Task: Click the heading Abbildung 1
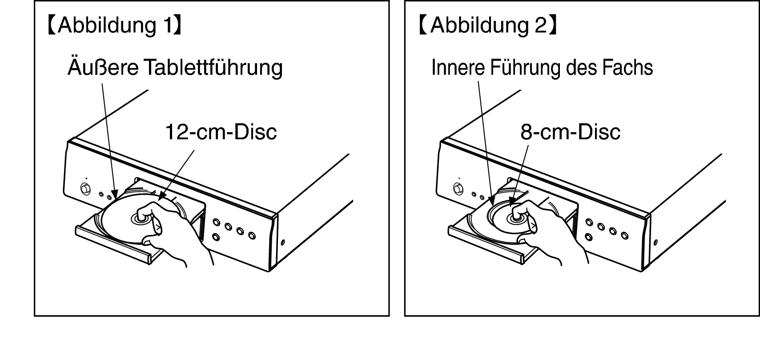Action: (115, 25)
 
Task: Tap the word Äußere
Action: (103, 67)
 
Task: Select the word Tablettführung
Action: (213, 68)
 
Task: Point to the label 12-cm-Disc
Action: (221, 132)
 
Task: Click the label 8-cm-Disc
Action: (571, 132)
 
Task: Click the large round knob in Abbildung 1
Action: (85, 189)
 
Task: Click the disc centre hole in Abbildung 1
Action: (140, 218)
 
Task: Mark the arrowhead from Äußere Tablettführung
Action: (115, 194)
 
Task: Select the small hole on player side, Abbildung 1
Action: (283, 243)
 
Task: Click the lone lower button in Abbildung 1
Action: (216, 236)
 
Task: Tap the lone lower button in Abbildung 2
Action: (589, 237)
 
